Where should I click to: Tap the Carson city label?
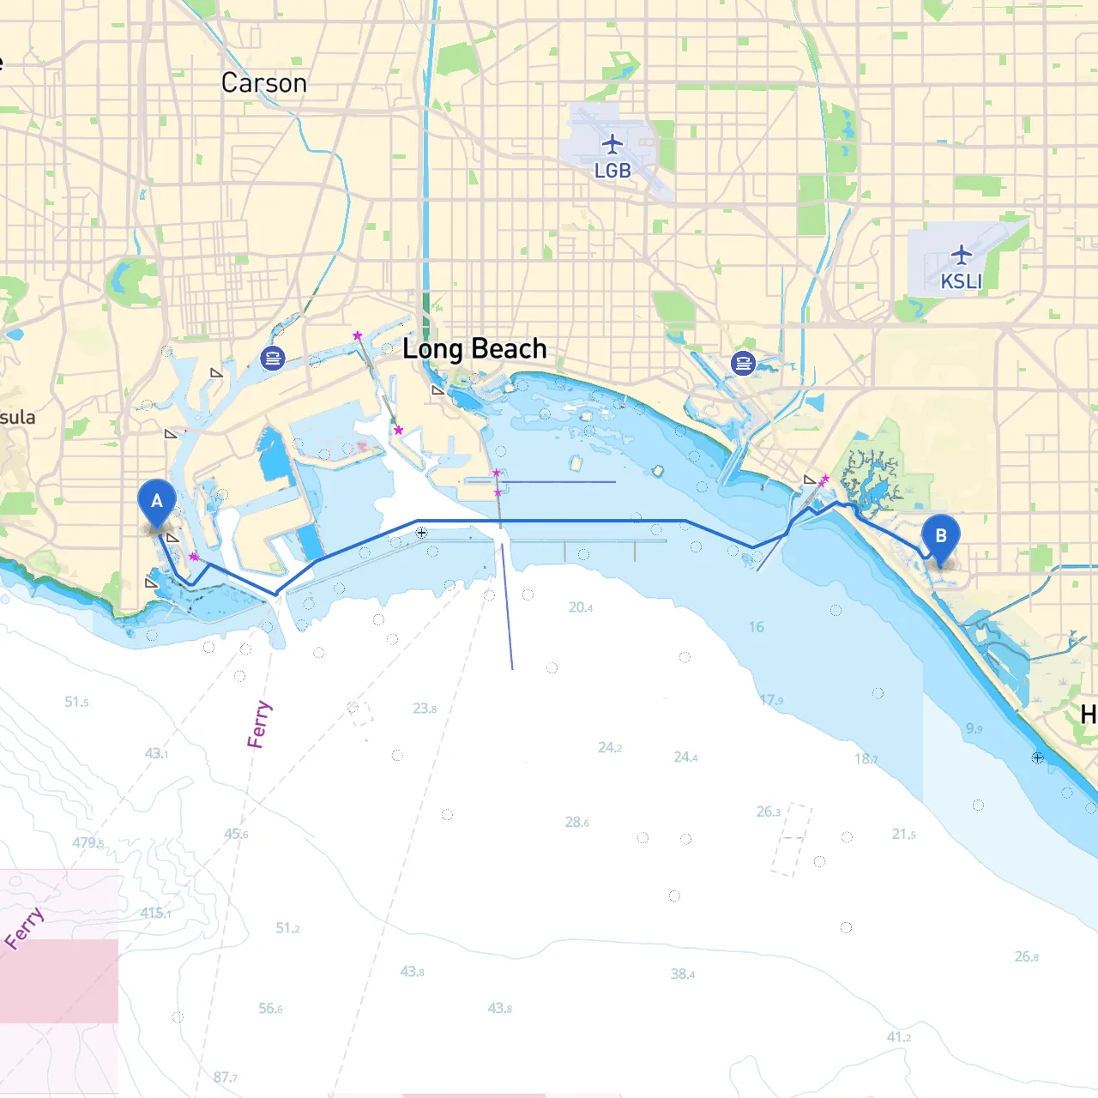[263, 83]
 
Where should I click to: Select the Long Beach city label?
[474, 349]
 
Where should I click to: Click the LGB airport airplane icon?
[612, 143]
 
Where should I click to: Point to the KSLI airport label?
[961, 281]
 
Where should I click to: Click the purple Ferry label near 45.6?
[258, 724]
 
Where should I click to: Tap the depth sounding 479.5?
[87, 843]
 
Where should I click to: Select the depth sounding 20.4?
[581, 607]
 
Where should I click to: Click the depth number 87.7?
[225, 1077]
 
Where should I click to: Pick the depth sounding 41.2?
[898, 1037]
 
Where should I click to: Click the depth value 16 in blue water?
[756, 627]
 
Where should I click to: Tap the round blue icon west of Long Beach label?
[273, 358]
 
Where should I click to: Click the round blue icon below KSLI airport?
[743, 363]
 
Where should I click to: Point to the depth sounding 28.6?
[576, 822]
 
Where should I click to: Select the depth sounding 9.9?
[974, 728]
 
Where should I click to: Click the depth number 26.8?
[1026, 956]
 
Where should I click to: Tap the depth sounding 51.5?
[76, 702]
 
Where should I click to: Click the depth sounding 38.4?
[683, 974]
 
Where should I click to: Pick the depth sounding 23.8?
[424, 708]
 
